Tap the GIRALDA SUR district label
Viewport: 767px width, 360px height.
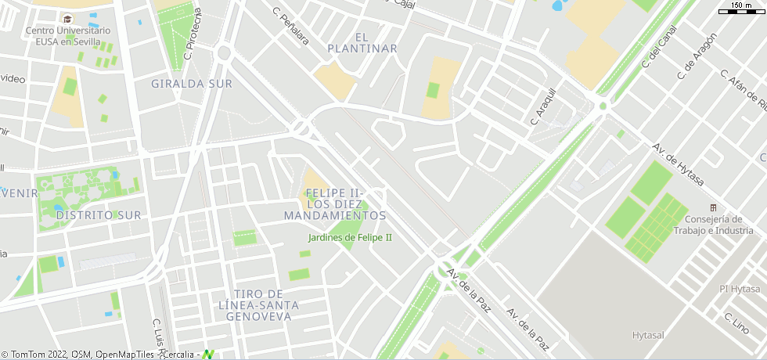192,84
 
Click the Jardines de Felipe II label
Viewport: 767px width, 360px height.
350,237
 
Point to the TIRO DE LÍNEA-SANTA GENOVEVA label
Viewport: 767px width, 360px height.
258,304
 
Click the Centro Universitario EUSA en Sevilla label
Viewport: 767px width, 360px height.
67,36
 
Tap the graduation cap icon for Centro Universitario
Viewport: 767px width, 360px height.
67,19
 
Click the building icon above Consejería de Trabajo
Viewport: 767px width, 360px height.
713,207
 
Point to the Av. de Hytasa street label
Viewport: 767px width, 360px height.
679,165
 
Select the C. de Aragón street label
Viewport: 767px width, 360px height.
697,56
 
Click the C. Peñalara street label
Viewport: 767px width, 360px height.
290,26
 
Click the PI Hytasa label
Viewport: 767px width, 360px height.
740,289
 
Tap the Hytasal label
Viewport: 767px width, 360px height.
648,335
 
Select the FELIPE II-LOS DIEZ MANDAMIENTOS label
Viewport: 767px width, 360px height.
335,203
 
